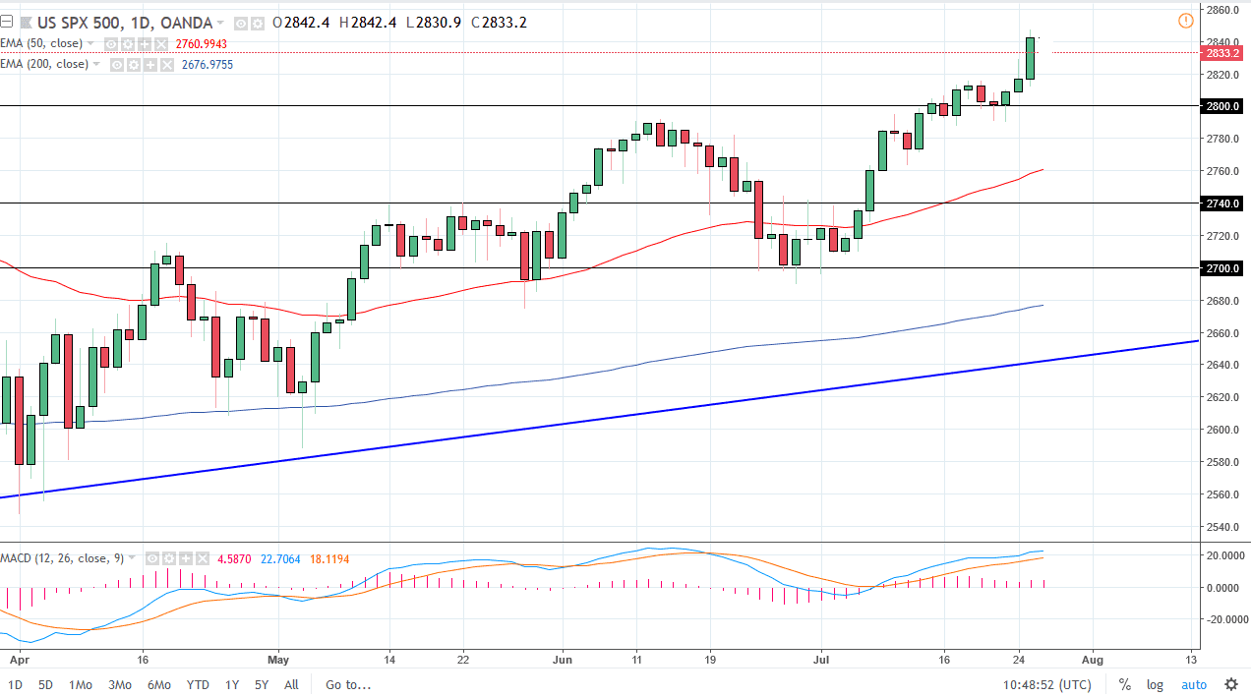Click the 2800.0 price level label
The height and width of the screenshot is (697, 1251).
point(1224,106)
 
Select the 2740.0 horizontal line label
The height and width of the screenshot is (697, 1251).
point(1224,203)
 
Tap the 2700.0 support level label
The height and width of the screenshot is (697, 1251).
point(1224,268)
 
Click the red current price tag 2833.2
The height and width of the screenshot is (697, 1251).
point(1224,53)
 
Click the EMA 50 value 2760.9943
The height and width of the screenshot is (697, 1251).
point(201,44)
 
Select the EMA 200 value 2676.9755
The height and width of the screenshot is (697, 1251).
point(207,65)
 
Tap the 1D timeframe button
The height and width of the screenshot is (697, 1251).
point(16,684)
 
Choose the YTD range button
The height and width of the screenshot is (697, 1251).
point(198,684)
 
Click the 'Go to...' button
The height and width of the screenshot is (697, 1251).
point(349,684)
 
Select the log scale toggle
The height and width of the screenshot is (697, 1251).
point(1155,684)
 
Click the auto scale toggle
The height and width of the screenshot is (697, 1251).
point(1193,684)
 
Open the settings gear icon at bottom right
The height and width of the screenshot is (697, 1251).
point(1230,684)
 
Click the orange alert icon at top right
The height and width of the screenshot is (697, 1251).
point(1185,21)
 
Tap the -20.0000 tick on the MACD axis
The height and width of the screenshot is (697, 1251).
point(1222,619)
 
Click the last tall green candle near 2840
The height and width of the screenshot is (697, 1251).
point(1030,58)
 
